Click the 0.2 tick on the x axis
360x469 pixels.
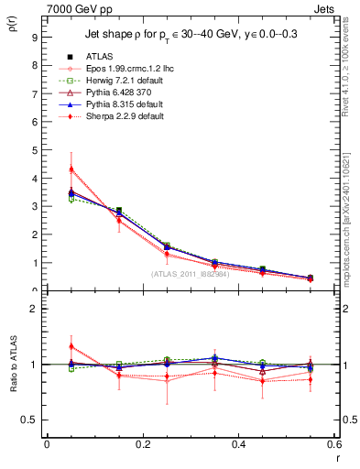[142, 444]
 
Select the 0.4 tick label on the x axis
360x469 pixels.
[238, 444]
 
